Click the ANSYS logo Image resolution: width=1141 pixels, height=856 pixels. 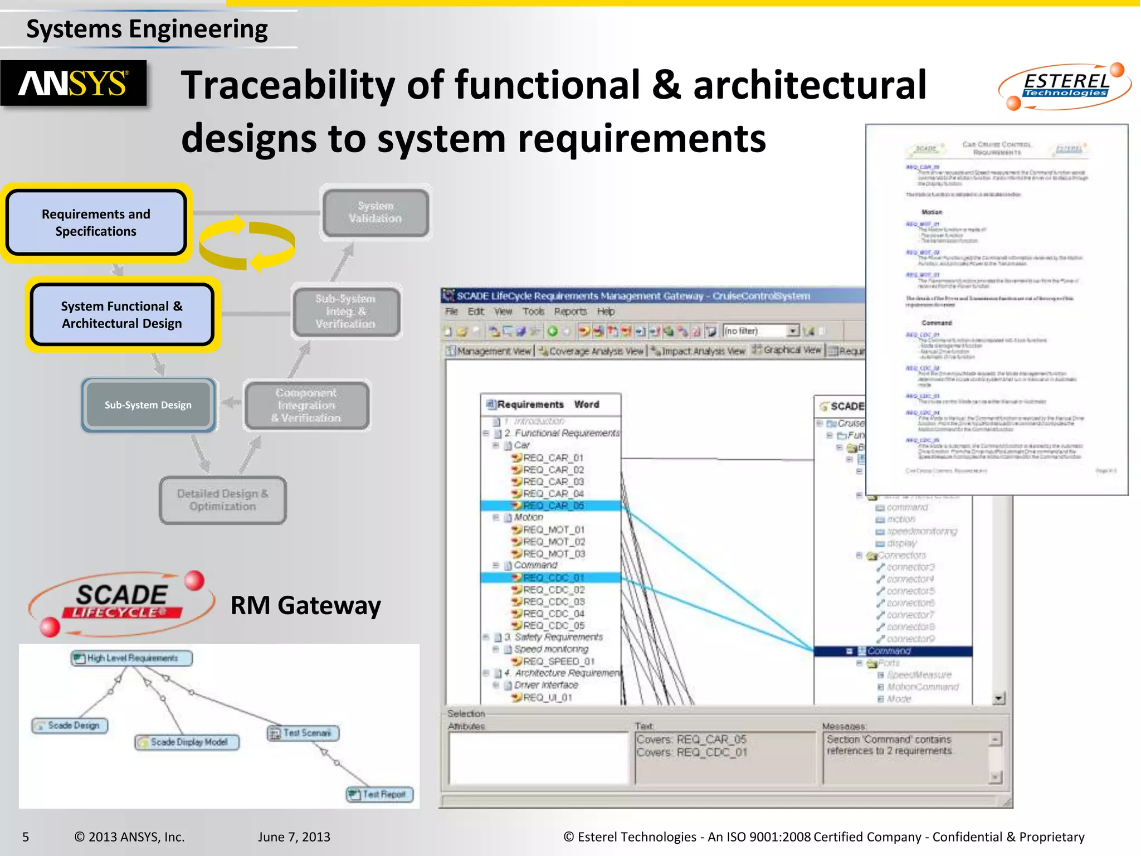coord(74,84)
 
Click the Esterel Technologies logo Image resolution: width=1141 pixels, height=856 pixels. coord(1065,86)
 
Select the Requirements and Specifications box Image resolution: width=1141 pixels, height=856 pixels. coord(96,223)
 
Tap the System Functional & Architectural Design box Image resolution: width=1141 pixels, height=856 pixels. coord(122,315)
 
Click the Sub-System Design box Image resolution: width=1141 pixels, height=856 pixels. coord(148,405)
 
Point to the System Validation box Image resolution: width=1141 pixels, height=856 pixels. coord(376,212)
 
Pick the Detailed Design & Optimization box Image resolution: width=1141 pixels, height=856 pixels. coord(223,500)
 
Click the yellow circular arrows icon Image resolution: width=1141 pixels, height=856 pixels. coord(247,244)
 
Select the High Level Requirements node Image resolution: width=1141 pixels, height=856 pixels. coord(131,658)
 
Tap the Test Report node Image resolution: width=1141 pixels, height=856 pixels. coord(380,794)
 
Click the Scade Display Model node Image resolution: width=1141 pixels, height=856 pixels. coord(187,742)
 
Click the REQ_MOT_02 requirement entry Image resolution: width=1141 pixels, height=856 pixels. coord(554,542)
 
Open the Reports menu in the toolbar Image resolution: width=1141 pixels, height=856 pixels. coord(570,312)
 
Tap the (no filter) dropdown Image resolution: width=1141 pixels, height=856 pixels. coord(760,331)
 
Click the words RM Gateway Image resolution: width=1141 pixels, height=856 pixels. coord(305,605)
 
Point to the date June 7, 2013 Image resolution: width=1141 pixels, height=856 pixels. coord(294,836)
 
